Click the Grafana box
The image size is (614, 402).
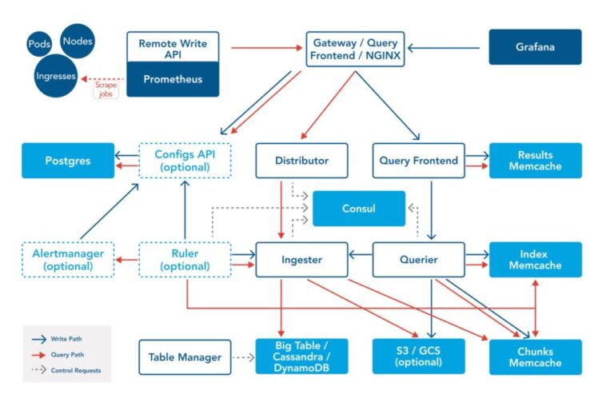(x=535, y=47)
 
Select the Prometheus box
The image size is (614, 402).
(x=173, y=79)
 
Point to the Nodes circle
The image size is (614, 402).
(x=77, y=40)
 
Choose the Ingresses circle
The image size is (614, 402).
(x=56, y=77)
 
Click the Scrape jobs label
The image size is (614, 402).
(x=106, y=89)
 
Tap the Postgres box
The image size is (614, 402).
(x=68, y=161)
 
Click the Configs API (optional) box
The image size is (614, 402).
(x=185, y=161)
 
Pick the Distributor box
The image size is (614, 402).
(x=303, y=161)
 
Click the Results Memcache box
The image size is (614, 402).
(x=535, y=161)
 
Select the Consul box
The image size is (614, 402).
(x=359, y=208)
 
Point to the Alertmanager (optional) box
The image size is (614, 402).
(x=68, y=260)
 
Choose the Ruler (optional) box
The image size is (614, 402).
(x=185, y=260)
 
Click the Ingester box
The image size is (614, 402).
(x=303, y=260)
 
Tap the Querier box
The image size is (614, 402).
(x=419, y=260)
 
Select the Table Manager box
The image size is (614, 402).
(x=185, y=357)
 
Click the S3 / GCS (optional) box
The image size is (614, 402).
(x=419, y=357)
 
